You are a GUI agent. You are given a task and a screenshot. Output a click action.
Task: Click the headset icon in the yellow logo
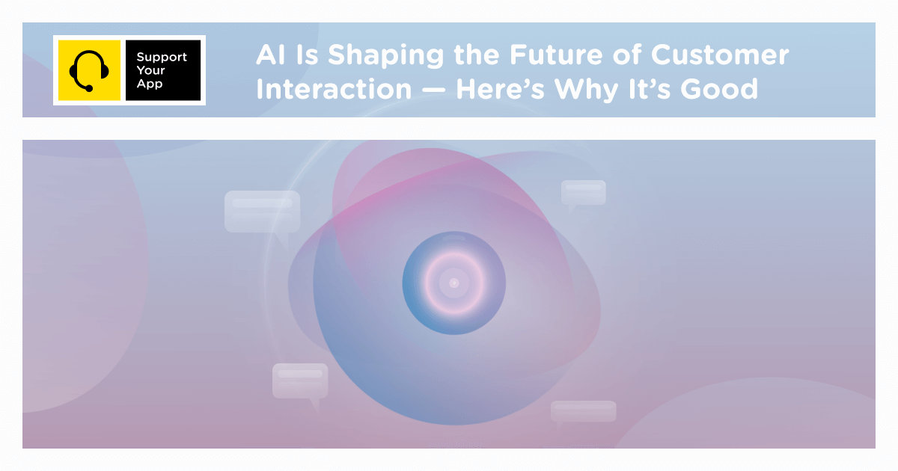pyautogui.click(x=88, y=70)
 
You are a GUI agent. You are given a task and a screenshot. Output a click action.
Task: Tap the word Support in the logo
pyautogui.click(x=162, y=58)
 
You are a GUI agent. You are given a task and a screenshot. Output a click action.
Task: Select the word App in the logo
pyautogui.click(x=149, y=84)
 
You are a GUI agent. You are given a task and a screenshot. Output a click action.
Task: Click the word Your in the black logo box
pyautogui.click(x=151, y=71)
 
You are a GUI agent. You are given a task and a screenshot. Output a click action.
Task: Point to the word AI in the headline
pyautogui.click(x=268, y=55)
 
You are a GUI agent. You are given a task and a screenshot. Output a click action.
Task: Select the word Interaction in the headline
pyautogui.click(x=334, y=90)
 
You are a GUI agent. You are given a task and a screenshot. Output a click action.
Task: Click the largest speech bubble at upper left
pyautogui.click(x=263, y=211)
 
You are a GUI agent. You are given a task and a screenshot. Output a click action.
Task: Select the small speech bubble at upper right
pyautogui.click(x=583, y=193)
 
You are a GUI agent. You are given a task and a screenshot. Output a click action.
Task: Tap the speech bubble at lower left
pyautogui.click(x=300, y=381)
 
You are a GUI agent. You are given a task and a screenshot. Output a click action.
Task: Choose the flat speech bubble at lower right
pyautogui.click(x=583, y=411)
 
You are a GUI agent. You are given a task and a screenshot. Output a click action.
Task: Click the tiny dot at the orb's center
pyautogui.click(x=453, y=283)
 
